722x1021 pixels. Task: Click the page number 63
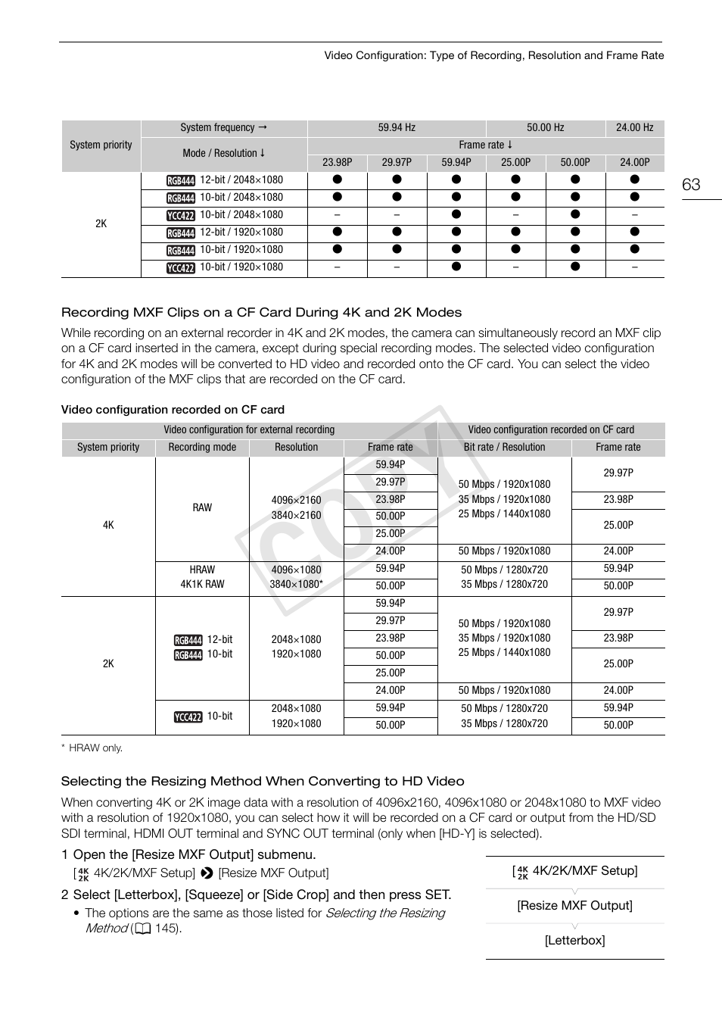691,185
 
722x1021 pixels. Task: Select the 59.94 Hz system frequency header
397,128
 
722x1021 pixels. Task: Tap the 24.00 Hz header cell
634,128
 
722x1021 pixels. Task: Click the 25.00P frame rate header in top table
515,163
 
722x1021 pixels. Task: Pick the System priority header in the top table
101,145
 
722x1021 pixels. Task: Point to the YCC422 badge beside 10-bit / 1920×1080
181,268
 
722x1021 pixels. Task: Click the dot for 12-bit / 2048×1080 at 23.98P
337,180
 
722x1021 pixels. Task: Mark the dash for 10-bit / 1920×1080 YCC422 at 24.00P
634,267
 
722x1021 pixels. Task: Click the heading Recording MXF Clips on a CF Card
261,312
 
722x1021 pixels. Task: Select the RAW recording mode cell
202,507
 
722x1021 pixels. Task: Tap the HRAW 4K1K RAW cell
202,577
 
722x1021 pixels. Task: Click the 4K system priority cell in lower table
108,525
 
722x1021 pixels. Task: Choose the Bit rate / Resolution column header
504,448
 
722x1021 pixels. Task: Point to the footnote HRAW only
92,748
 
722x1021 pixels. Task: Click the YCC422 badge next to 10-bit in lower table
188,717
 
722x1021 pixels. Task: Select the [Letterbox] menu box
574,941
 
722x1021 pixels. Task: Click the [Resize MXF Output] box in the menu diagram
574,906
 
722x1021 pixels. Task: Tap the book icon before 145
143,929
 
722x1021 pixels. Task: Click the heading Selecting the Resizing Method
263,782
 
